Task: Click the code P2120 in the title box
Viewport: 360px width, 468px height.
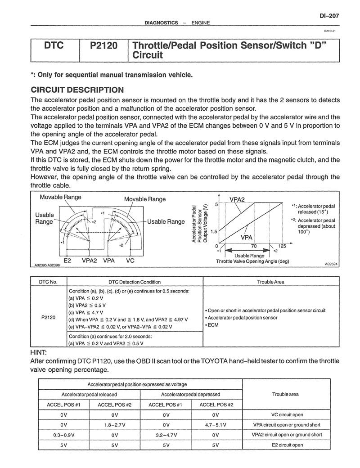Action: pyautogui.click(x=103, y=46)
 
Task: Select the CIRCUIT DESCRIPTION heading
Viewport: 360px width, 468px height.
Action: pyautogui.click(x=77, y=90)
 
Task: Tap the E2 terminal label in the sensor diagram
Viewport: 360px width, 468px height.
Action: pyautogui.click(x=67, y=261)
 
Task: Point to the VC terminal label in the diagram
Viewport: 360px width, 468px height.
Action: pyautogui.click(x=130, y=261)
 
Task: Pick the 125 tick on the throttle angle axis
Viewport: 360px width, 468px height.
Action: pyautogui.click(x=283, y=246)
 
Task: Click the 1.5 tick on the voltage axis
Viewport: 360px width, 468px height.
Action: pyautogui.click(x=214, y=231)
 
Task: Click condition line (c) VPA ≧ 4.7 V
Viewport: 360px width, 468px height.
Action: pyautogui.click(x=85, y=312)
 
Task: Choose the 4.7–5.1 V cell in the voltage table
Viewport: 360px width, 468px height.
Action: pyautogui.click(x=216, y=424)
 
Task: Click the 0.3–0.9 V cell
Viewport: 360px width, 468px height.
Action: pyautogui.click(x=63, y=435)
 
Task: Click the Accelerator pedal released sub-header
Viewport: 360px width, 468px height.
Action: pyautogui.click(x=89, y=394)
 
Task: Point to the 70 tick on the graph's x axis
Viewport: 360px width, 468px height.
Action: pyautogui.click(x=254, y=246)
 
